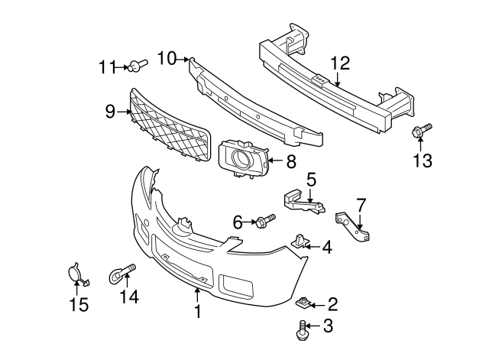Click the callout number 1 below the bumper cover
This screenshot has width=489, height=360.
click(197, 311)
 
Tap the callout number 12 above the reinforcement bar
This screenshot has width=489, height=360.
click(340, 63)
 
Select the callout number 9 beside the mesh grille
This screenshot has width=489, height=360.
click(111, 112)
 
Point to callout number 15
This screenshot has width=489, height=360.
click(79, 304)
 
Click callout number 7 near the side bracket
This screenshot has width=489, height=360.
click(361, 204)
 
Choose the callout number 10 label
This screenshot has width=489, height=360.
click(167, 57)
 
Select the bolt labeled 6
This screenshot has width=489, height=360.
click(264, 222)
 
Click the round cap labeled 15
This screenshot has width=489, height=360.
click(74, 274)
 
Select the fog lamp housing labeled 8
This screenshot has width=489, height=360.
click(243, 161)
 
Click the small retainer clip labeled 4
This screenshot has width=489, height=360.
click(300, 242)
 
